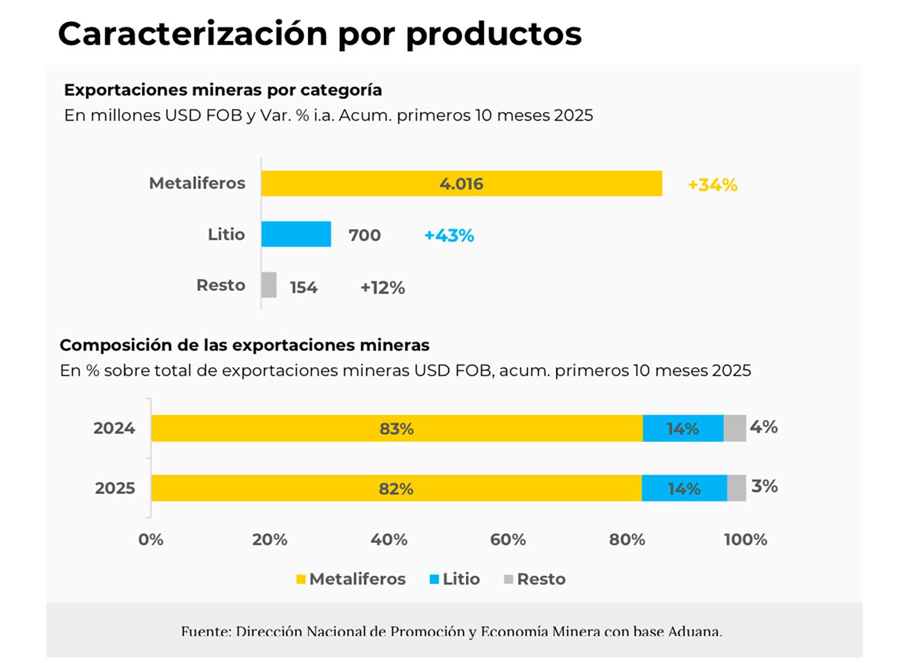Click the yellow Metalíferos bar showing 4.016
(461, 183)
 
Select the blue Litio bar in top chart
(296, 234)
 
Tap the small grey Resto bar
(269, 285)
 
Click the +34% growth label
(712, 185)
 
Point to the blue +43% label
(449, 235)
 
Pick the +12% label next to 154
(382, 287)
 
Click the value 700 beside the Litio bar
(364, 235)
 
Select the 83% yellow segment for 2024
(396, 428)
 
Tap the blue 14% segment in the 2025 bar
(684, 488)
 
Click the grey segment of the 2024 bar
(734, 428)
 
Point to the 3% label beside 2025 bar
(764, 486)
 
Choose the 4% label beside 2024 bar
(763, 427)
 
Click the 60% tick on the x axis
(508, 539)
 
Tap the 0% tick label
(151, 539)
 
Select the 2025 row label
(115, 488)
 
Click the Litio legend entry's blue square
(434, 579)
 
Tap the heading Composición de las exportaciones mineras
(244, 345)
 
